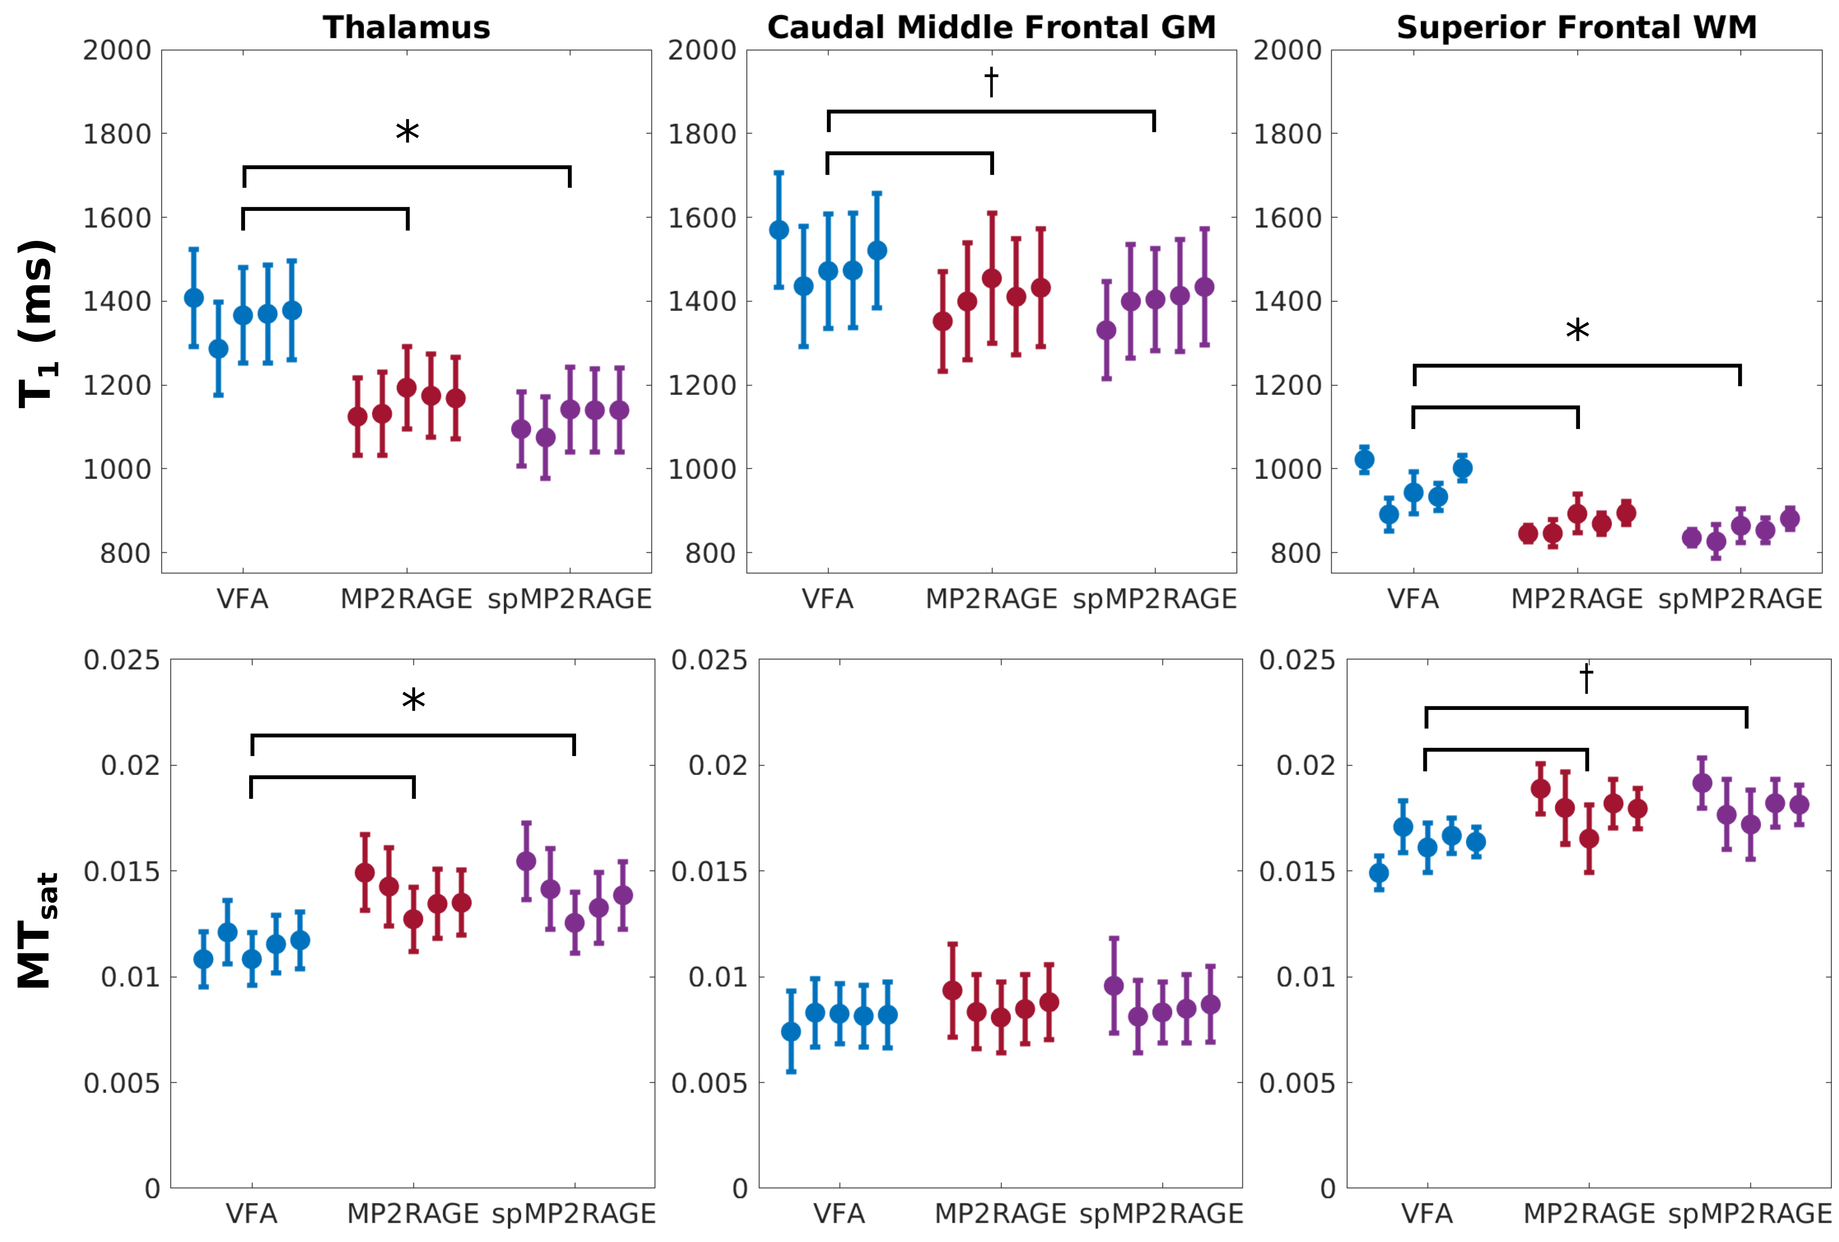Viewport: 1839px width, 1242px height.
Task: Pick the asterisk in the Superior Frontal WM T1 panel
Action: tap(1577, 330)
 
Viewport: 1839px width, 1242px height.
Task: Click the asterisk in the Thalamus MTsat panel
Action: tap(413, 700)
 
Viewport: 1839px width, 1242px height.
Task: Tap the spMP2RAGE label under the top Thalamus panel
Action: tap(570, 599)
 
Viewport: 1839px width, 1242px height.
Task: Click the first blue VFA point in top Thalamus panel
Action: tap(194, 298)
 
